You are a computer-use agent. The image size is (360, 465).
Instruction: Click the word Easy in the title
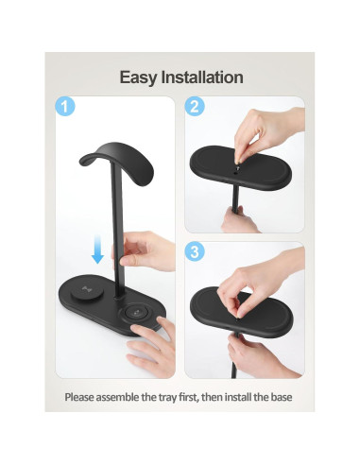click(x=138, y=77)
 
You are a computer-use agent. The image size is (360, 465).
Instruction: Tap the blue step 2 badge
click(x=194, y=108)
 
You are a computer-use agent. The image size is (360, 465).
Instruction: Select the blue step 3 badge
click(x=194, y=252)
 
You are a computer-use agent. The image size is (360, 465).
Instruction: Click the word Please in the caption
click(x=82, y=398)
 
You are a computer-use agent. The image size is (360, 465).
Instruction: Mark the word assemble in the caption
click(x=127, y=398)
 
